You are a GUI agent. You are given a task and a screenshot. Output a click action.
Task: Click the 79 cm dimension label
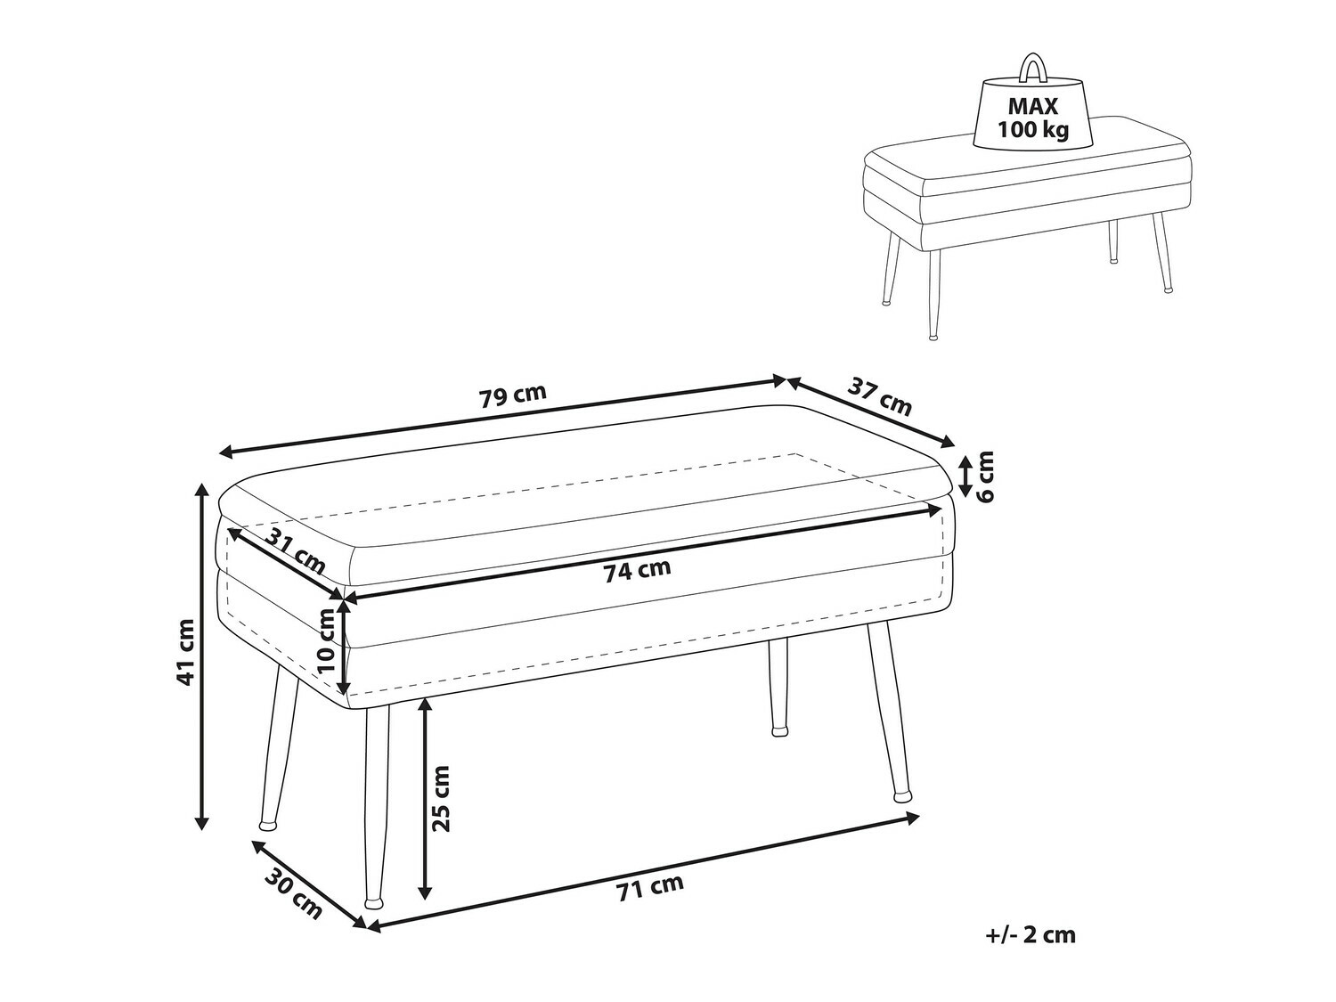[x=512, y=395]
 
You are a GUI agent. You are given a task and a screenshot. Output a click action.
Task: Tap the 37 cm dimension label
[x=880, y=397]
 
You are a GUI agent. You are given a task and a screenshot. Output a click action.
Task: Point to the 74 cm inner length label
[x=637, y=570]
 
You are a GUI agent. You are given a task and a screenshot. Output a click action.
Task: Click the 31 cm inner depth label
[x=297, y=552]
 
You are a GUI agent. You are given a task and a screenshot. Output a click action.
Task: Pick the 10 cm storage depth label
[x=327, y=639]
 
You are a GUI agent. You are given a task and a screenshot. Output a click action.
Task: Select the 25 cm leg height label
[x=441, y=797]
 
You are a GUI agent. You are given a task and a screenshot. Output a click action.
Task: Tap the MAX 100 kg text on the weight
[x=1033, y=118]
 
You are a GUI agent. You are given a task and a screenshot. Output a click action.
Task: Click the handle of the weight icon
[x=1033, y=67]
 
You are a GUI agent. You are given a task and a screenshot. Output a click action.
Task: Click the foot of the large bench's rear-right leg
[x=779, y=730]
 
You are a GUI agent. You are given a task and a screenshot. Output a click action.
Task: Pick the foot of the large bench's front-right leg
[x=905, y=791]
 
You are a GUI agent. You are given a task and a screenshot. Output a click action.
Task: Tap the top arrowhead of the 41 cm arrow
[x=202, y=489]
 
